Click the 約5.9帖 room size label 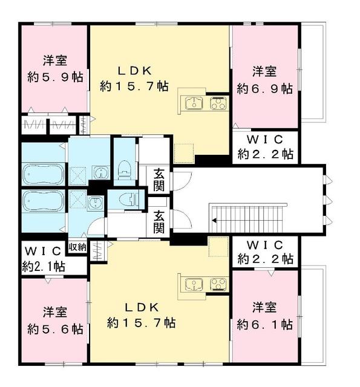tap(55, 78)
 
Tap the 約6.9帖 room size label tap(264, 88)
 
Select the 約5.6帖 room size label tap(55, 329)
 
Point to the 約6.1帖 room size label tap(264, 325)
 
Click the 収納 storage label tap(77, 247)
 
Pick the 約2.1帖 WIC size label tap(44, 267)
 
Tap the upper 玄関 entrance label tap(159, 180)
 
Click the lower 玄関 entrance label tap(159, 222)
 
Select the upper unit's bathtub tap(43, 174)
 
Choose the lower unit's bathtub tap(43, 200)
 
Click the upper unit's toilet tap(124, 170)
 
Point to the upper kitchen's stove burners tap(218, 103)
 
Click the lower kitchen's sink tap(194, 284)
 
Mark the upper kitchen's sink tap(194, 103)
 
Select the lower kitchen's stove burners tap(218, 284)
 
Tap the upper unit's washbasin tap(100, 172)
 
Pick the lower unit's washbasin tap(95, 203)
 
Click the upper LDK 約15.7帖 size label tap(134, 86)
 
